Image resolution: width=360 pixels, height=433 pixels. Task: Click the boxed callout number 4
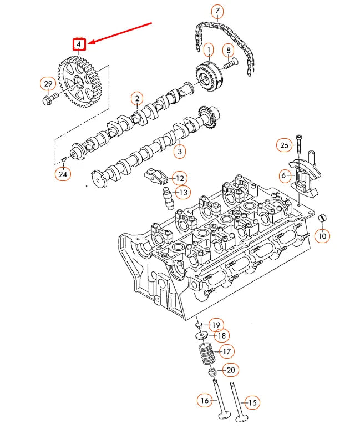click(x=79, y=43)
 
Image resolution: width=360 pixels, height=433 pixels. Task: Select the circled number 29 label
click(x=48, y=84)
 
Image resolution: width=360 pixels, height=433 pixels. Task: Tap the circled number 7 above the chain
click(x=217, y=11)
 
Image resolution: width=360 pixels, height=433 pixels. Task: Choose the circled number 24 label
click(x=62, y=174)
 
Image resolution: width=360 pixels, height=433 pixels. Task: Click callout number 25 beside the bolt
click(x=284, y=145)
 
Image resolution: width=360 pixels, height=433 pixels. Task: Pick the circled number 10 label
click(x=322, y=236)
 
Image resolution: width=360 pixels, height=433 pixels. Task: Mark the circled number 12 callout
click(x=179, y=178)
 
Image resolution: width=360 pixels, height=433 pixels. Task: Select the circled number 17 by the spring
click(x=226, y=351)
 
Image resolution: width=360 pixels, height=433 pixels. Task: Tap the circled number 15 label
click(x=252, y=402)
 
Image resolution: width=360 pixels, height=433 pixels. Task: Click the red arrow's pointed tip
click(x=90, y=43)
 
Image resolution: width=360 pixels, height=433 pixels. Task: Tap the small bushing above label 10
click(x=321, y=217)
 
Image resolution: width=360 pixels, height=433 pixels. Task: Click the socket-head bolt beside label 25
click(x=299, y=144)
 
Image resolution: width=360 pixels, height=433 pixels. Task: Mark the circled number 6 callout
click(x=283, y=176)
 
